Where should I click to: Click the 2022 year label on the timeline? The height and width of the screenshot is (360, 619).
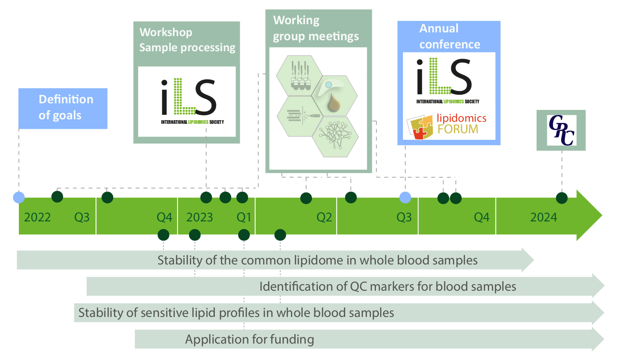pyautogui.click(x=37, y=217)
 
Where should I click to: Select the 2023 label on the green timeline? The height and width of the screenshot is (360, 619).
pyautogui.click(x=200, y=217)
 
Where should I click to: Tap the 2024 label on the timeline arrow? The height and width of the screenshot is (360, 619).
pyautogui.click(x=544, y=217)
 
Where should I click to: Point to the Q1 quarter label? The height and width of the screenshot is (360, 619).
pyautogui.click(x=244, y=217)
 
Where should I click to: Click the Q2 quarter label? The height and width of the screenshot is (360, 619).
pyautogui.click(x=324, y=217)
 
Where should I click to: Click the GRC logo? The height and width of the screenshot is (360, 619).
pyautogui.click(x=561, y=130)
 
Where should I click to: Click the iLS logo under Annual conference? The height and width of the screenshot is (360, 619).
pyautogui.click(x=448, y=80)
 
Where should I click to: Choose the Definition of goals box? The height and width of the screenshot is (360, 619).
pyautogui.click(x=63, y=108)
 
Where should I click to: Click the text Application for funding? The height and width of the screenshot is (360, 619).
pyautogui.click(x=250, y=339)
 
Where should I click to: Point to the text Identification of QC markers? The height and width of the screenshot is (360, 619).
pyautogui.click(x=387, y=286)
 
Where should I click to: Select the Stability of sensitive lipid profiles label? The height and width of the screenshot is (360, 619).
pyautogui.click(x=236, y=313)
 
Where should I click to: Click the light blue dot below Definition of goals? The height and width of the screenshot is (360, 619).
pyautogui.click(x=19, y=198)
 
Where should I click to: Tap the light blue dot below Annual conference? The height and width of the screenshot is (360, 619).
pyautogui.click(x=405, y=198)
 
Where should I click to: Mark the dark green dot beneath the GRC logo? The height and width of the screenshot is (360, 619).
pyautogui.click(x=562, y=198)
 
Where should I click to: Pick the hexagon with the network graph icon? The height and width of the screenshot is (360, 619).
pyautogui.click(x=335, y=136)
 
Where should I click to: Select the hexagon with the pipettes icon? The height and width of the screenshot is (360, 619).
pyautogui.click(x=300, y=75)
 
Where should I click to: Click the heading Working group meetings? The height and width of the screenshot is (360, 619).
pyautogui.click(x=316, y=28)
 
